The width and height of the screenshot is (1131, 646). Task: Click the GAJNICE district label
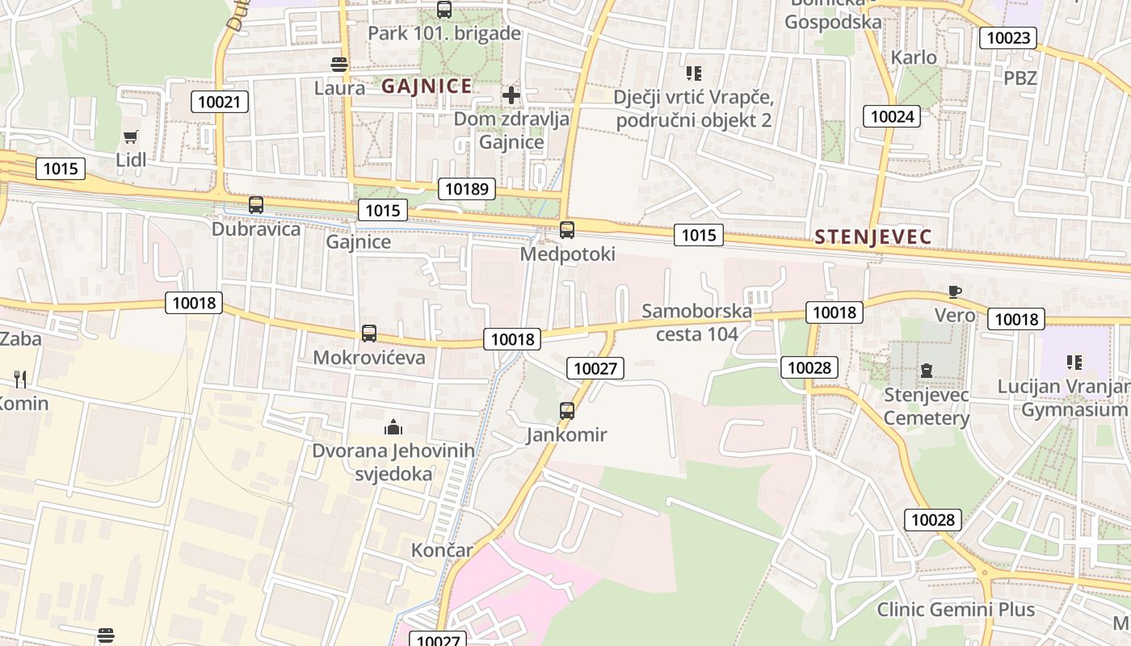(427, 86)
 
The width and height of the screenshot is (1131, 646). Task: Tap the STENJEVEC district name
(873, 237)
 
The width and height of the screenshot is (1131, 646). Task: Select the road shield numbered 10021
(220, 102)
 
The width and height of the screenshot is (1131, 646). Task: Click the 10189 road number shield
(467, 189)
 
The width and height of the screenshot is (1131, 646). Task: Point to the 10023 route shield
(1008, 38)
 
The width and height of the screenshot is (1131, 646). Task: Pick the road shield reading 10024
(892, 116)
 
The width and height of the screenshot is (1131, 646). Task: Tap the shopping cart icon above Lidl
(131, 137)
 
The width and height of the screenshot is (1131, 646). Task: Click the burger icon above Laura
(339, 65)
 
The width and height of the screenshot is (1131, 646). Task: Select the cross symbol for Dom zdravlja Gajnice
(511, 95)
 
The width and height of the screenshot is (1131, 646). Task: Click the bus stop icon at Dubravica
(256, 205)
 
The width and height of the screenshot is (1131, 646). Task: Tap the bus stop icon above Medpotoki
(567, 230)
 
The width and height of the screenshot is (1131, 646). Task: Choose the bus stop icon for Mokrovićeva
(369, 333)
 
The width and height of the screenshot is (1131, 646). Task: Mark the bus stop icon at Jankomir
(567, 411)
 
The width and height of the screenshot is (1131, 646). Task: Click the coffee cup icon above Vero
(955, 292)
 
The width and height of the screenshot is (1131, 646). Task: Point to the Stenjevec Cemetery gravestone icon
(926, 371)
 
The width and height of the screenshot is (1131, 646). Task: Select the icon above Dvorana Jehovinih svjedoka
(393, 426)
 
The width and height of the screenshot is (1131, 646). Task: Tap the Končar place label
(442, 551)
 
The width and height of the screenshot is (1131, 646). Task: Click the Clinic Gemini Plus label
(956, 610)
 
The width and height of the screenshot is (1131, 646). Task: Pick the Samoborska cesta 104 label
(696, 322)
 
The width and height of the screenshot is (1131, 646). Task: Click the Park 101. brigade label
(444, 34)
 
